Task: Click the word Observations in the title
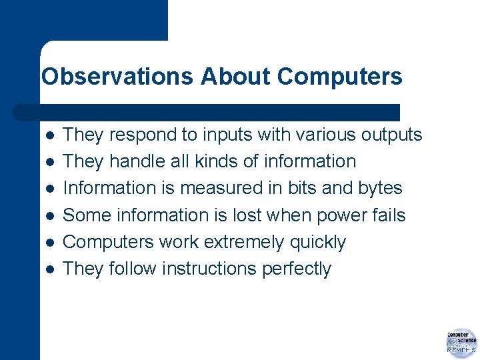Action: click(117, 77)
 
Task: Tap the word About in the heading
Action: click(236, 77)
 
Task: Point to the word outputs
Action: click(391, 135)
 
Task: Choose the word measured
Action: click(215, 189)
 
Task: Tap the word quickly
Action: click(318, 242)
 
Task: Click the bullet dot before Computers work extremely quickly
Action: click(48, 243)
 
